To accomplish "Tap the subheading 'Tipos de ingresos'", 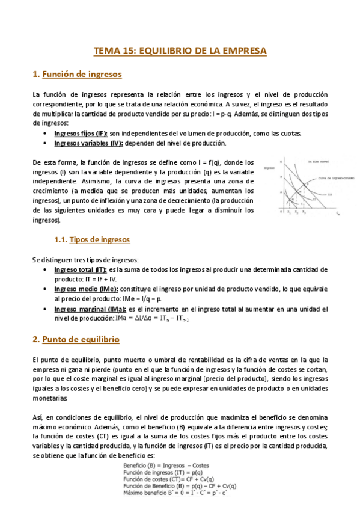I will click(99, 239).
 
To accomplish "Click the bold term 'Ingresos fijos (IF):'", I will click(81, 133).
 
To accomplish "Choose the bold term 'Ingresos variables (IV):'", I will click(88, 143).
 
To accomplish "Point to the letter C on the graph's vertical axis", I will click(280, 162).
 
